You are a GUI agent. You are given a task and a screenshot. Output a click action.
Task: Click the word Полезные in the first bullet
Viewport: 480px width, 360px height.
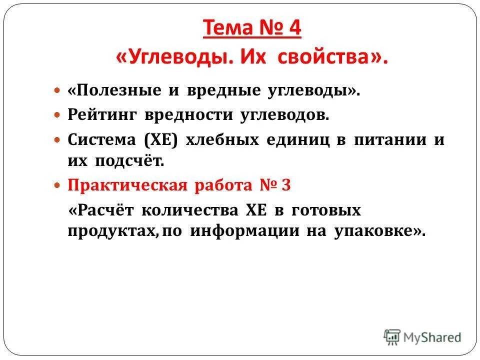pyautogui.click(x=111, y=91)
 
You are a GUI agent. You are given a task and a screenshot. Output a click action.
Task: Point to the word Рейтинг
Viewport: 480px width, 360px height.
pyautogui.click(x=102, y=115)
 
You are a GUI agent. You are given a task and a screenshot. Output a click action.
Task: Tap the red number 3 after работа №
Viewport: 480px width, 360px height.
pyautogui.click(x=286, y=185)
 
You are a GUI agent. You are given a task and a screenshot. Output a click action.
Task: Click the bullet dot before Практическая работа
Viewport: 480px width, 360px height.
pyautogui.click(x=57, y=186)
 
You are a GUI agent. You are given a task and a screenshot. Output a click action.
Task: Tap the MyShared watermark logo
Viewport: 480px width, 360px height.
pyautogui.click(x=422, y=337)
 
